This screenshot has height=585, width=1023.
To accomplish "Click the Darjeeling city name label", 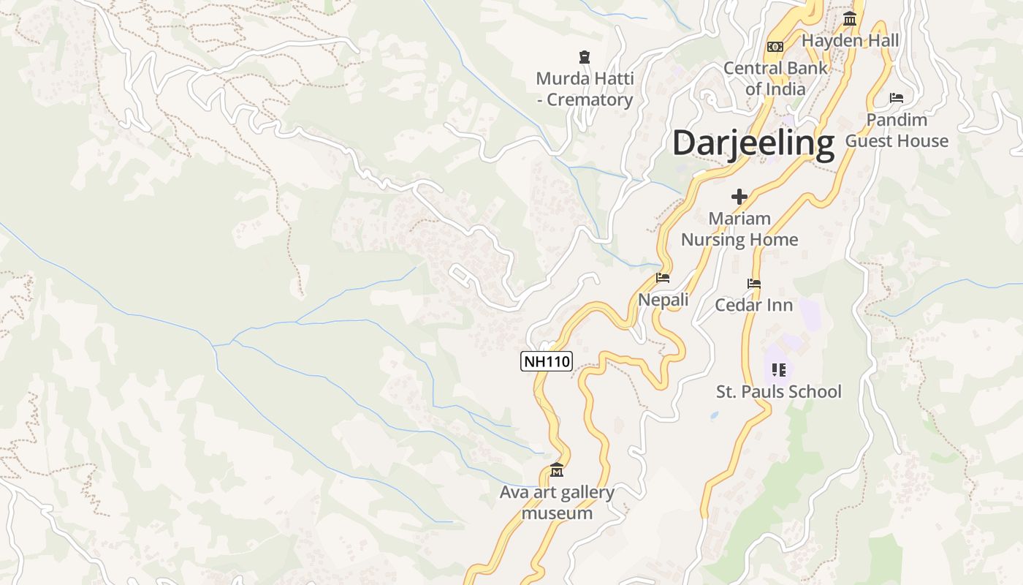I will (753, 143).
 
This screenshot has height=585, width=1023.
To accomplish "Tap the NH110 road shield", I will (546, 361).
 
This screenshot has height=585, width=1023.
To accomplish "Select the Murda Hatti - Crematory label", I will (585, 89).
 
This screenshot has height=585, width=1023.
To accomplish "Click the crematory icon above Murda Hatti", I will (584, 56).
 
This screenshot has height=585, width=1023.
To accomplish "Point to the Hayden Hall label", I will (850, 40).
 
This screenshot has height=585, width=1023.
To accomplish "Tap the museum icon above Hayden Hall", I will (849, 18).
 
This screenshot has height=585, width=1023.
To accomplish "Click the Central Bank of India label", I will (775, 78).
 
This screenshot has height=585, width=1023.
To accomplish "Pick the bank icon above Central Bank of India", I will (775, 47).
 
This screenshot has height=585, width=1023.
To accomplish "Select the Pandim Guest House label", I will (897, 130).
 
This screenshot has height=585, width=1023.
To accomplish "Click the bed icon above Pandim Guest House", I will (897, 97).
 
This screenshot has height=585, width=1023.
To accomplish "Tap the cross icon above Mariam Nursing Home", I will (739, 197).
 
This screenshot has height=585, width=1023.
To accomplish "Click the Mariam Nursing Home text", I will (739, 229).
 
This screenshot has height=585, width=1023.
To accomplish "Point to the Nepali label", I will (663, 300).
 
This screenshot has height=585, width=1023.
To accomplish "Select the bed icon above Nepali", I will (663, 278).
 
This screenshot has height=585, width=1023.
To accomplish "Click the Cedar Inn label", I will (753, 305).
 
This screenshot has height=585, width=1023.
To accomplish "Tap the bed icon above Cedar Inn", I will (754, 284).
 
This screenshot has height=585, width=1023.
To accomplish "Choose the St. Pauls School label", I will (778, 392).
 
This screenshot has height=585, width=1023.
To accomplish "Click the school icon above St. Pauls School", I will (778, 370).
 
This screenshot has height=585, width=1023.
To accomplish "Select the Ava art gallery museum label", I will (557, 502).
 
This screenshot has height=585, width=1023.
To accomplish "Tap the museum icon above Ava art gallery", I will (557, 469).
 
